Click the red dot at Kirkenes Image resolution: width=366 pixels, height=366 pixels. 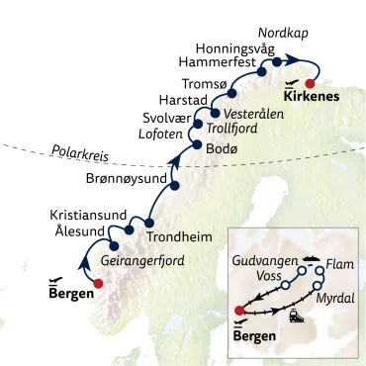pos(311,83)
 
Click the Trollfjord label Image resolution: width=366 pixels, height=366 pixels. pos(236,129)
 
